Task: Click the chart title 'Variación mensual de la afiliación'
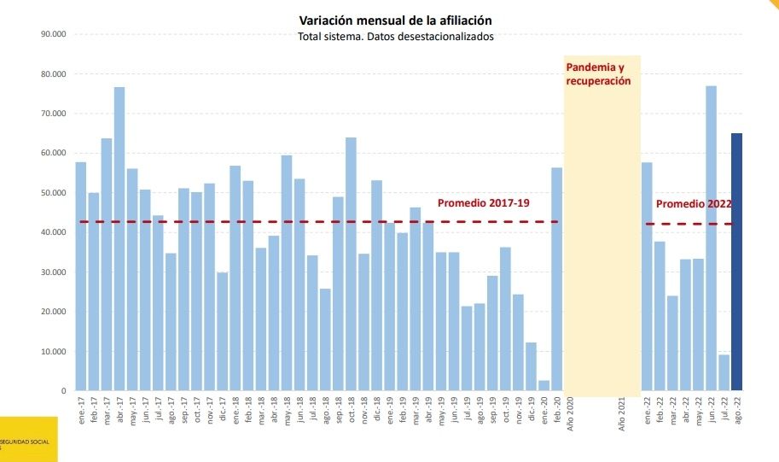(x=395, y=20)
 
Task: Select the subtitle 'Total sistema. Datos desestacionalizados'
(x=395, y=37)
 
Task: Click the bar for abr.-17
(x=119, y=239)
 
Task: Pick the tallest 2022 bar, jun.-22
(x=711, y=238)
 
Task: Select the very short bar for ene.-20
(x=544, y=386)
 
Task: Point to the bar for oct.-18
(x=351, y=264)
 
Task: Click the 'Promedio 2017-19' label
(x=484, y=203)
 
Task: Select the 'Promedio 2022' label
(x=694, y=204)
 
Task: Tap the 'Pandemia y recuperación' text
(x=598, y=73)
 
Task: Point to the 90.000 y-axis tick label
(x=53, y=34)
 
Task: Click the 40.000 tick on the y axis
(x=53, y=232)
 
